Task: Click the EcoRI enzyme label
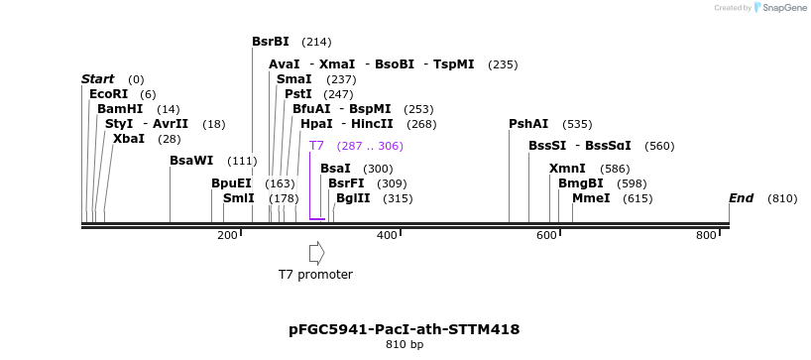109,94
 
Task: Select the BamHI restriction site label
120,109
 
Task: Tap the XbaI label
129,139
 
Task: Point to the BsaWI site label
191,161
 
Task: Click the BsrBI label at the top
271,42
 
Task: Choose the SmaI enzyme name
294,79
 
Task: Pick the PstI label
298,94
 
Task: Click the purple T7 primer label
316,146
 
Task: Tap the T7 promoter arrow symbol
317,254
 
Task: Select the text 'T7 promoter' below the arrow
315,274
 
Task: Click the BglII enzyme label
353,198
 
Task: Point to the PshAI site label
528,124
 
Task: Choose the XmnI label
567,169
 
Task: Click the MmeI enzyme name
591,198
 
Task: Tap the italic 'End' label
742,198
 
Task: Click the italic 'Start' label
98,79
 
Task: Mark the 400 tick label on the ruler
388,235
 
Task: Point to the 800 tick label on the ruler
707,235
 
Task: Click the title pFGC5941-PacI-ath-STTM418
405,329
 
